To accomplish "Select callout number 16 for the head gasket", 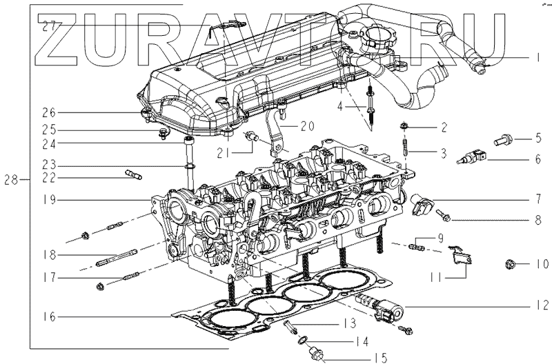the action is click(x=48, y=317).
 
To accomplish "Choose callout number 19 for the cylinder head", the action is click(x=48, y=201).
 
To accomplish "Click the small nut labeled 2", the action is click(x=403, y=126).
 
